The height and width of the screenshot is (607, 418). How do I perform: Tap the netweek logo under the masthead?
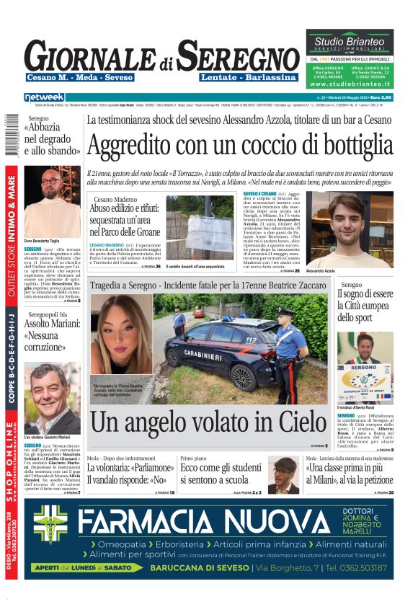pos(44,97)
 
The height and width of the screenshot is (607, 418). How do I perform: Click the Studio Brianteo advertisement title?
pos(350,38)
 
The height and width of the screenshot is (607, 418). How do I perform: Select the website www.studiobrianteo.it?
pos(350,84)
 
